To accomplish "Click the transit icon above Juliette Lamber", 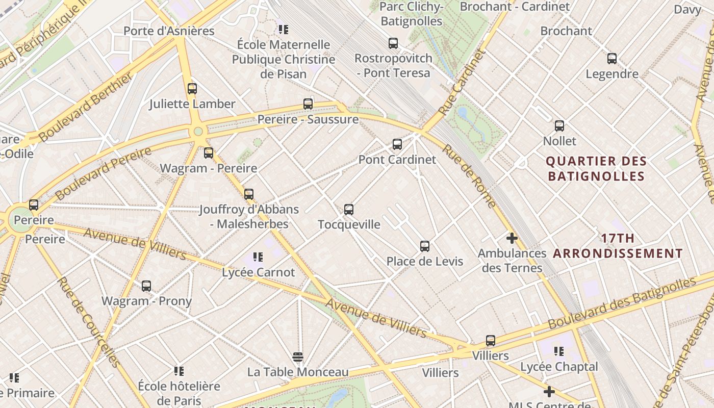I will (x=192, y=89).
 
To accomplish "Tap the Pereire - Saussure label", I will (x=308, y=119).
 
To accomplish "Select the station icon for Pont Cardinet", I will (x=397, y=144).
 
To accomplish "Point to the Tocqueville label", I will (x=349, y=224).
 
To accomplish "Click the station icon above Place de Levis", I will (x=425, y=246).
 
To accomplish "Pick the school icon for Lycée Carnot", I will (x=258, y=257).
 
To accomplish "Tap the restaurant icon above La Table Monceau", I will (x=298, y=356).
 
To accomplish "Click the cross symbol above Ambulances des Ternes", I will (x=512, y=238).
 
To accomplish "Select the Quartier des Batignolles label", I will (x=596, y=169).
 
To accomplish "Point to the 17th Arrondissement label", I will (x=618, y=246).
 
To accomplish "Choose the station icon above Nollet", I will (x=559, y=126).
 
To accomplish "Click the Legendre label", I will (x=611, y=74).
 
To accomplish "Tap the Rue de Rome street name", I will (x=469, y=176).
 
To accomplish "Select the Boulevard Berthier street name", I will (x=86, y=107).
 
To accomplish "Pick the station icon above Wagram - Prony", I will (x=146, y=286).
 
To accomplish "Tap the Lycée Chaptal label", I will (x=559, y=367).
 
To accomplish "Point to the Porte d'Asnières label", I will (x=169, y=31).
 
